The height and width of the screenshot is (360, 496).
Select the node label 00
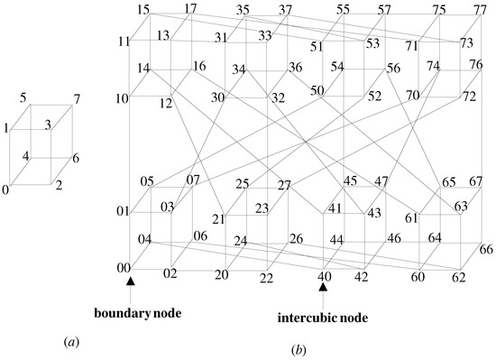click(124, 268)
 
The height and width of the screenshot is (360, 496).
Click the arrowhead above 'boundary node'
click(131, 283)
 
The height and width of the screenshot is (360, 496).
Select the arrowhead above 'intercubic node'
click(322, 286)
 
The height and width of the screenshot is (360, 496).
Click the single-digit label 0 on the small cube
click(6, 189)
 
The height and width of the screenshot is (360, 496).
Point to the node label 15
click(143, 10)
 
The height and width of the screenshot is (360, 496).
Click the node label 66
click(484, 249)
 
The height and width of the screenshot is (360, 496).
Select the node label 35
click(243, 11)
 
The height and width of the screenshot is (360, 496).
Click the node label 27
click(284, 186)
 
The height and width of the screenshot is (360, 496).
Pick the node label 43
click(374, 212)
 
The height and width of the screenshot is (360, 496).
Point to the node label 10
click(123, 97)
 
